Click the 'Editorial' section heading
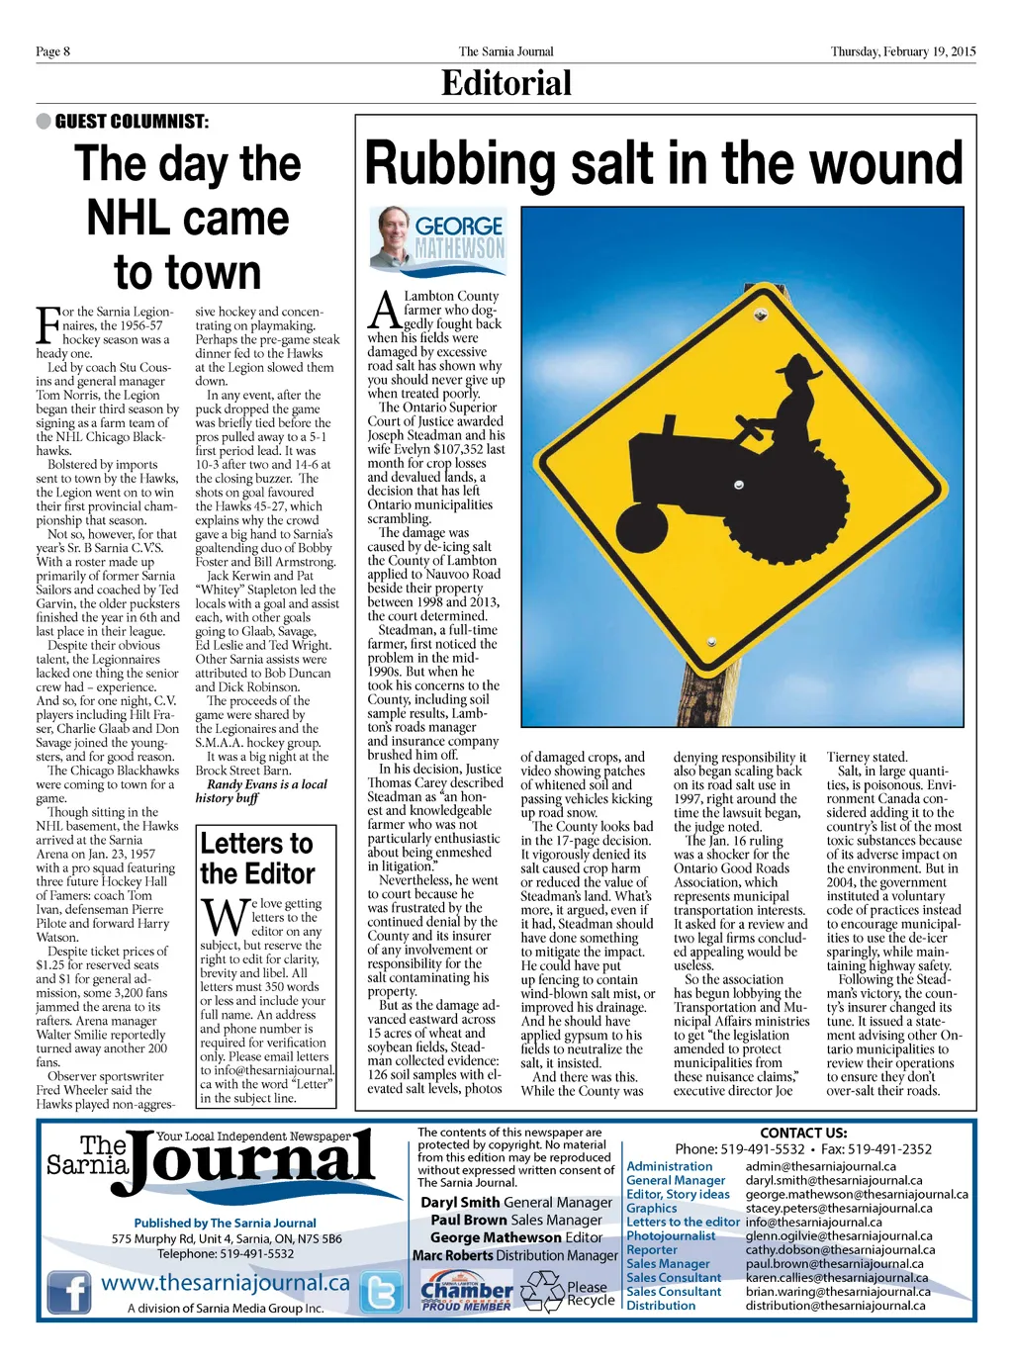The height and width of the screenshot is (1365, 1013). point(506,83)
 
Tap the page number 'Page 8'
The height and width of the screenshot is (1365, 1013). point(52,51)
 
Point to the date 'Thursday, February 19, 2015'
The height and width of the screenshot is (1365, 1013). point(902,51)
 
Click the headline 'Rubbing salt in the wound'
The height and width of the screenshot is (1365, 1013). point(663,163)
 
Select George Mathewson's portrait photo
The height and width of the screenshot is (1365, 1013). point(393,236)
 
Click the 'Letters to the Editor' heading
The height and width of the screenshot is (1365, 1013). point(257,859)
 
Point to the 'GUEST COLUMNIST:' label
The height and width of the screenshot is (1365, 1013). point(132,122)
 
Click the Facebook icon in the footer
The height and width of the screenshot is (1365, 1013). point(69,1291)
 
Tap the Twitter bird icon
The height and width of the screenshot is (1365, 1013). point(381,1291)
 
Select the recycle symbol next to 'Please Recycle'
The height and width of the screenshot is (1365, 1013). point(542,1292)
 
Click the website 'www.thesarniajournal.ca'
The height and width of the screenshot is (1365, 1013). point(226,1283)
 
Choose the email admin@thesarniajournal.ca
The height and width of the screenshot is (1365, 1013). point(820,1166)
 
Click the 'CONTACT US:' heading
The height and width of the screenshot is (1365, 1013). point(803,1133)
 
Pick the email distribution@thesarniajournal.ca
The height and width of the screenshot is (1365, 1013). point(835,1306)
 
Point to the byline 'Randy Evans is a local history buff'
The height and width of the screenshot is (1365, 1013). point(260,791)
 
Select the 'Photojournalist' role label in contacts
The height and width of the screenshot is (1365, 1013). point(671,1235)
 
